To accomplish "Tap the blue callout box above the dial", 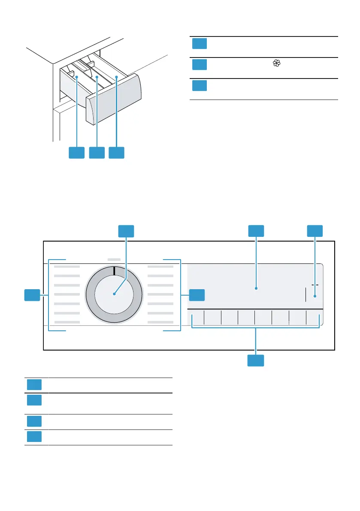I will click(126, 231).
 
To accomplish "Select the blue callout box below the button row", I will click(256, 361).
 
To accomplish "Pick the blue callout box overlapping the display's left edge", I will click(197, 295).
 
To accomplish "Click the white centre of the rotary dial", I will click(114, 294).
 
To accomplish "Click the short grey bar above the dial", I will click(114, 260).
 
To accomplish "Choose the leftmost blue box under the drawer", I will click(77, 153).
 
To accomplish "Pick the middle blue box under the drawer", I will click(97, 153).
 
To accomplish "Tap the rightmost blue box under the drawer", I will click(117, 153).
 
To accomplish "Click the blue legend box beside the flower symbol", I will click(200, 64).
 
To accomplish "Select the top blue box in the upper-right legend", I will click(200, 44).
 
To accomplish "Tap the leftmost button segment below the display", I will click(197, 318).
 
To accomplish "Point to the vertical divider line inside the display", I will click(306, 295).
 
